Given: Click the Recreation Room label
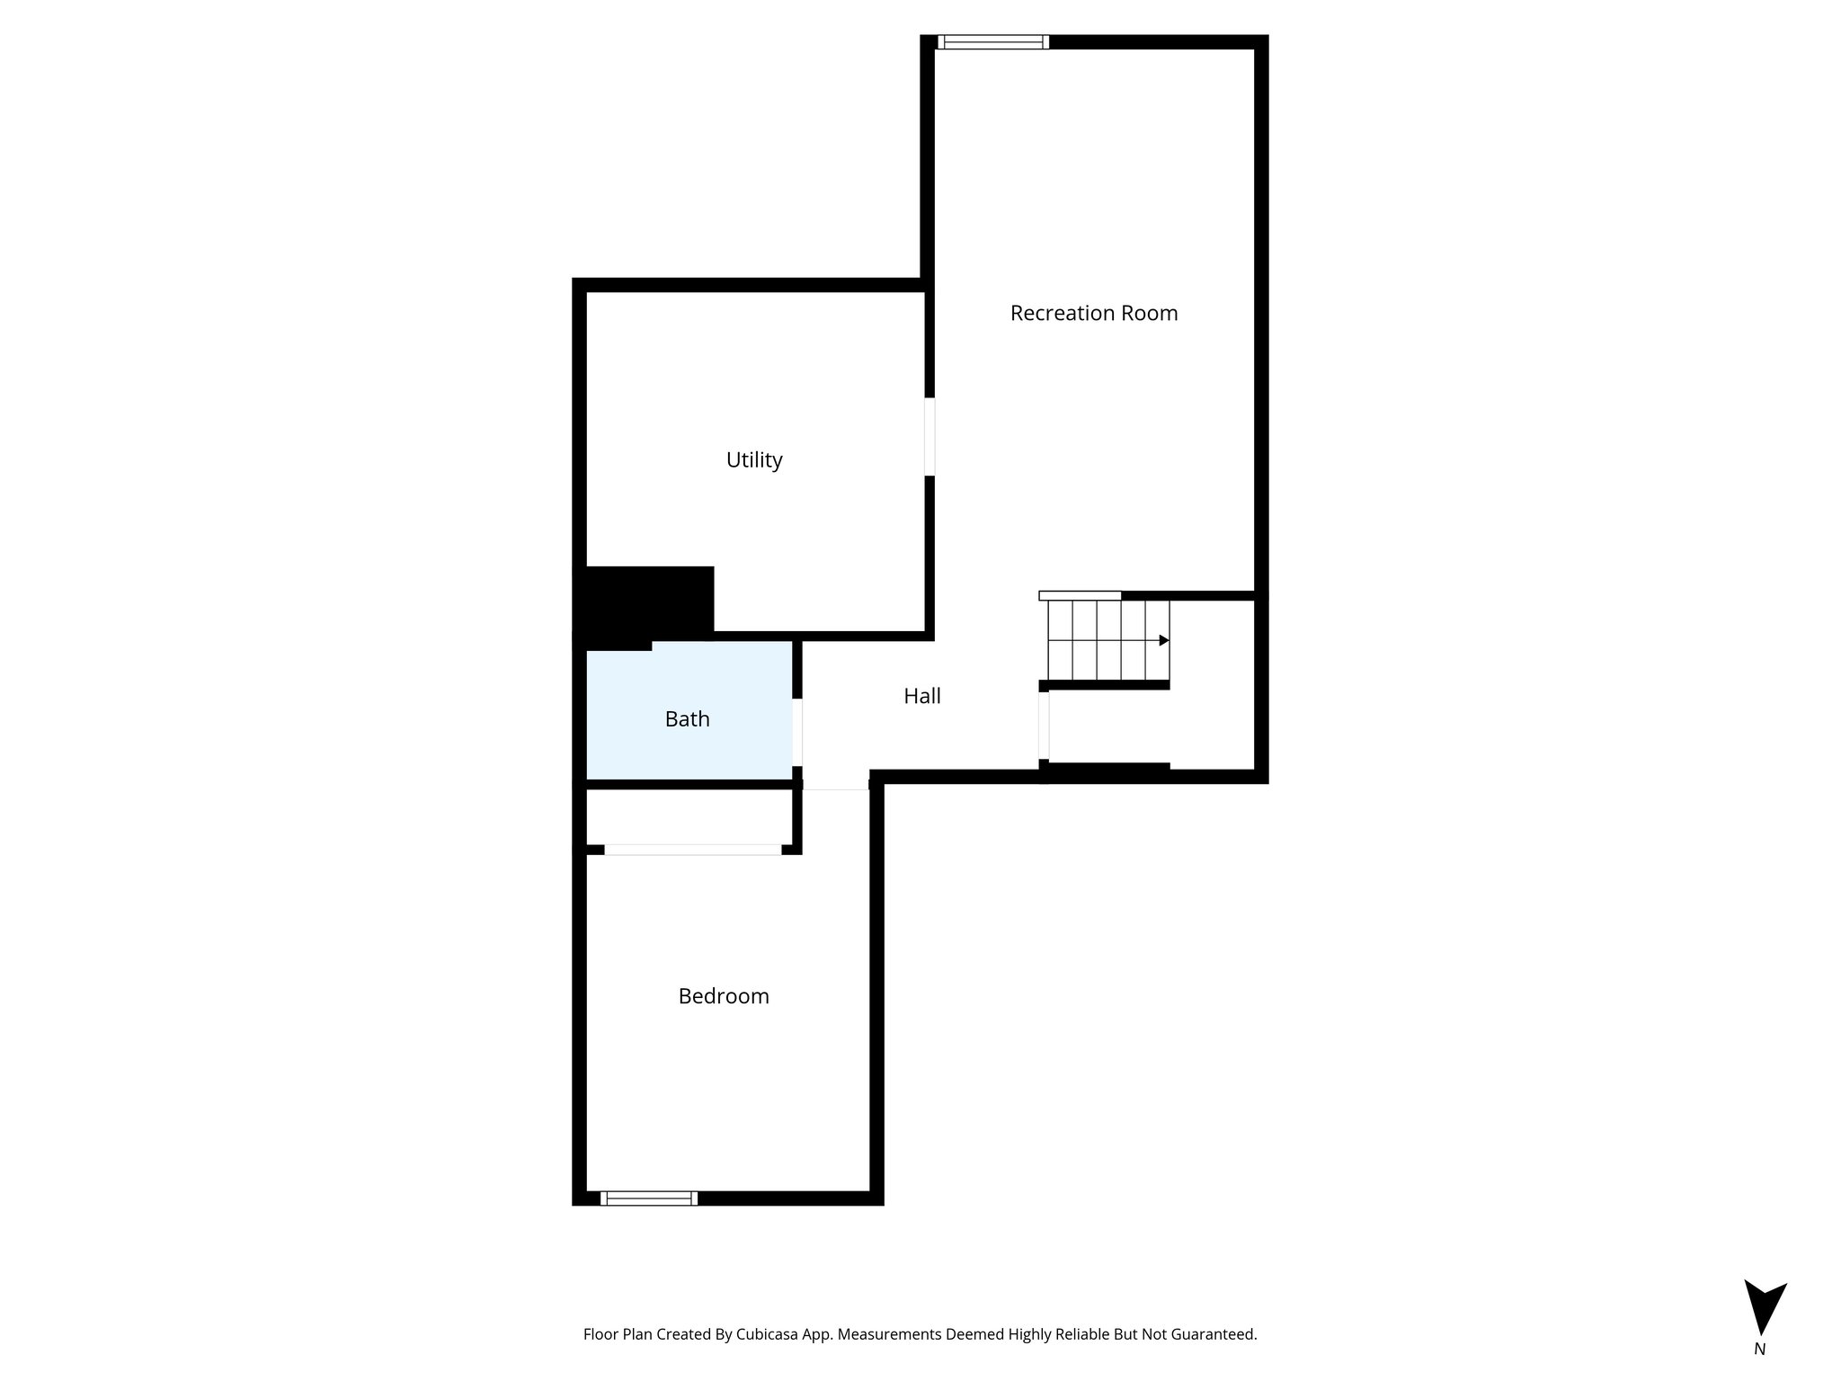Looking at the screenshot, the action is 1094,313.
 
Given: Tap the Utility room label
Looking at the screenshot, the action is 754,460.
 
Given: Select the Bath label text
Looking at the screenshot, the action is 688,719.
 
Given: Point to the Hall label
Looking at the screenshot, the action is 922,696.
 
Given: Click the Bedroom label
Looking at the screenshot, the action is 724,996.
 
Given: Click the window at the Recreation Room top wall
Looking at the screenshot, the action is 993,41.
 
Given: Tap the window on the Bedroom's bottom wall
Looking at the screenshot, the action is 649,1198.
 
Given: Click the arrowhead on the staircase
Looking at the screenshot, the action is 1164,640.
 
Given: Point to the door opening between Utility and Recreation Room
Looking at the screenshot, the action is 929,437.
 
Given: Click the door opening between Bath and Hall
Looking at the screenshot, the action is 797,732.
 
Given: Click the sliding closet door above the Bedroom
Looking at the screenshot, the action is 693,850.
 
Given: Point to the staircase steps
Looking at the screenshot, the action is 1108,640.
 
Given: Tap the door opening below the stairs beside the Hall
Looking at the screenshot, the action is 1044,726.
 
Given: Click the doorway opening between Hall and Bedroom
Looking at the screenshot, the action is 836,785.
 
